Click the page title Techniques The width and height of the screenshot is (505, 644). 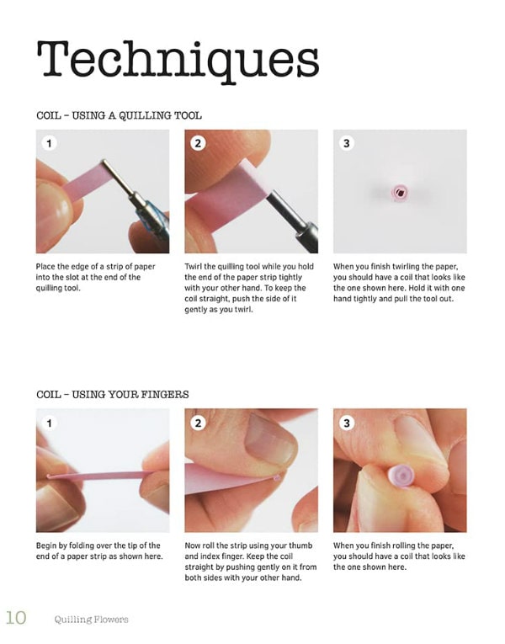pos(178,61)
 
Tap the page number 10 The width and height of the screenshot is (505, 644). pos(16,618)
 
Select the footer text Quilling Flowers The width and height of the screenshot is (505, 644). pos(91,619)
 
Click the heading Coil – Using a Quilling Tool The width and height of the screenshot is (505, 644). pos(119,115)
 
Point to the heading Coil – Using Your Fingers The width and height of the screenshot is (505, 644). pos(113,395)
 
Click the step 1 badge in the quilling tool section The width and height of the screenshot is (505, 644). pos(50,143)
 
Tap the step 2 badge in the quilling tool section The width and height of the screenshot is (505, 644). pos(198,143)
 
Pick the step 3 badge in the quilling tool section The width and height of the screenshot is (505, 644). pos(347,143)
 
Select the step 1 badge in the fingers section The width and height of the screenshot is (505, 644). pos(50,423)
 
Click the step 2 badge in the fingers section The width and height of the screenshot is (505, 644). pos(198,423)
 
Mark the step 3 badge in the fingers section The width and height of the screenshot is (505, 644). pos(347,423)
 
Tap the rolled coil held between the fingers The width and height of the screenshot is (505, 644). pos(401,476)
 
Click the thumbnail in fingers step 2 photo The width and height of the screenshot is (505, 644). pos(269,440)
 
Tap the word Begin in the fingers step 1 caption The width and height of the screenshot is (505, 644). pos(46,546)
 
